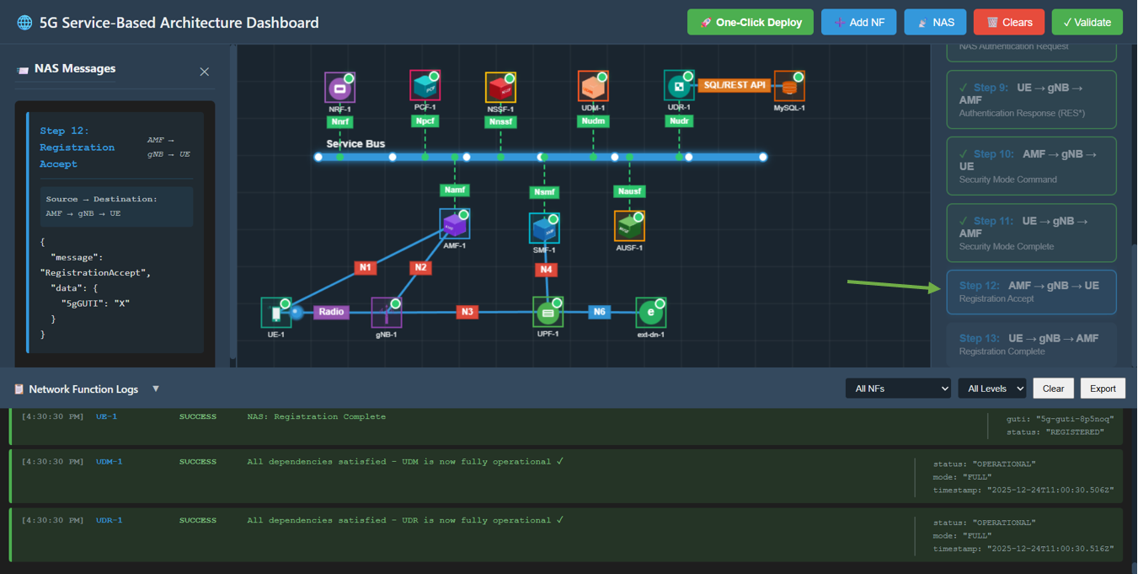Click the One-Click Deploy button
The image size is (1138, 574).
click(x=751, y=23)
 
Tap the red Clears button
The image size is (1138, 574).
click(x=1009, y=23)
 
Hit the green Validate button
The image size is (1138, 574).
click(x=1087, y=23)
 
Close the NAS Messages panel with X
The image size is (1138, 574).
click(x=204, y=72)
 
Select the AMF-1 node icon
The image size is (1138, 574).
click(x=454, y=225)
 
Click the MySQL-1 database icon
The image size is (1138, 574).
click(x=789, y=87)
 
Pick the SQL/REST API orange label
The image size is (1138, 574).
click(x=735, y=85)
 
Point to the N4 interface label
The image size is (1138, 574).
click(x=547, y=270)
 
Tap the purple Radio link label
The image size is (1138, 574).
click(x=331, y=312)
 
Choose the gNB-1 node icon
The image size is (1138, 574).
click(x=387, y=313)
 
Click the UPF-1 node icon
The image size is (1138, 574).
click(x=548, y=313)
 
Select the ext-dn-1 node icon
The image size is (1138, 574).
click(x=650, y=313)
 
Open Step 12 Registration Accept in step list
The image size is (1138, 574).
click(x=1031, y=292)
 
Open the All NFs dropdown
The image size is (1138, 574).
click(x=898, y=389)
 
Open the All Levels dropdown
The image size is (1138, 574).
click(x=991, y=389)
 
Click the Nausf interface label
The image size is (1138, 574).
click(x=629, y=191)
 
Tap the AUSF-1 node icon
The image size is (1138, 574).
click(x=629, y=226)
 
